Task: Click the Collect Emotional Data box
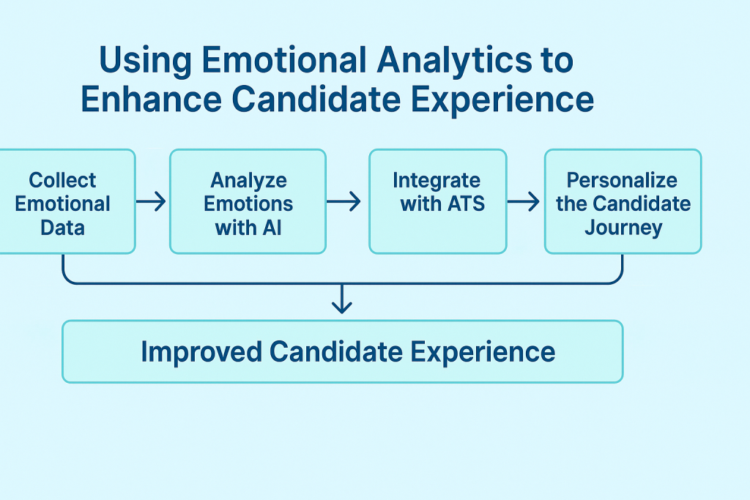pyautogui.click(x=66, y=201)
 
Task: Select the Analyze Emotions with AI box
pyautogui.click(x=248, y=201)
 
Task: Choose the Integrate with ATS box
pyautogui.click(x=437, y=201)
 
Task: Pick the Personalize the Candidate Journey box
pyautogui.click(x=623, y=201)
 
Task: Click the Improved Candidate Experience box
pyautogui.click(x=342, y=351)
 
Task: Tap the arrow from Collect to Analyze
pyautogui.click(x=152, y=201)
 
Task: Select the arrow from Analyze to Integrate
pyautogui.click(x=344, y=201)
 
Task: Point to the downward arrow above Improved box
pyautogui.click(x=342, y=299)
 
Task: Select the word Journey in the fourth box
pyautogui.click(x=623, y=227)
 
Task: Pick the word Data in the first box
pyautogui.click(x=62, y=227)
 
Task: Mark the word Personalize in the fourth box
pyautogui.click(x=623, y=180)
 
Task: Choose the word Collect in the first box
pyautogui.click(x=62, y=180)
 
